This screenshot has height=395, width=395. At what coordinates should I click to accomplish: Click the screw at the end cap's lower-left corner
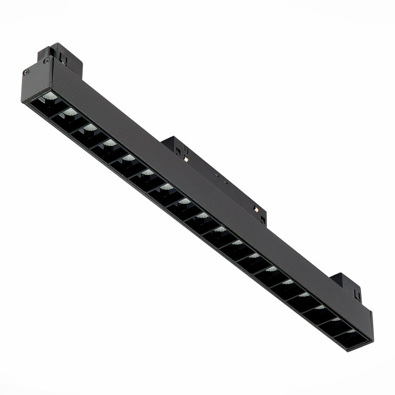coord(26,72)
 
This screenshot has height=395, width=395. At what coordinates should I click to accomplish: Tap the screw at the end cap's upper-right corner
coord(47,60)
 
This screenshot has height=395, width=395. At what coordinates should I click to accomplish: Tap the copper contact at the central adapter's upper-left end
coord(185,159)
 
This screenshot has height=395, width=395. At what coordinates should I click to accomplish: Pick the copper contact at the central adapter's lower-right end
coord(256,209)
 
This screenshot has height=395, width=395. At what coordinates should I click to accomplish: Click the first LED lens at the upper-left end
coord(50,97)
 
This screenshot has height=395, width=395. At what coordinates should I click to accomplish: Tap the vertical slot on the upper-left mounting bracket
coord(62,58)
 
